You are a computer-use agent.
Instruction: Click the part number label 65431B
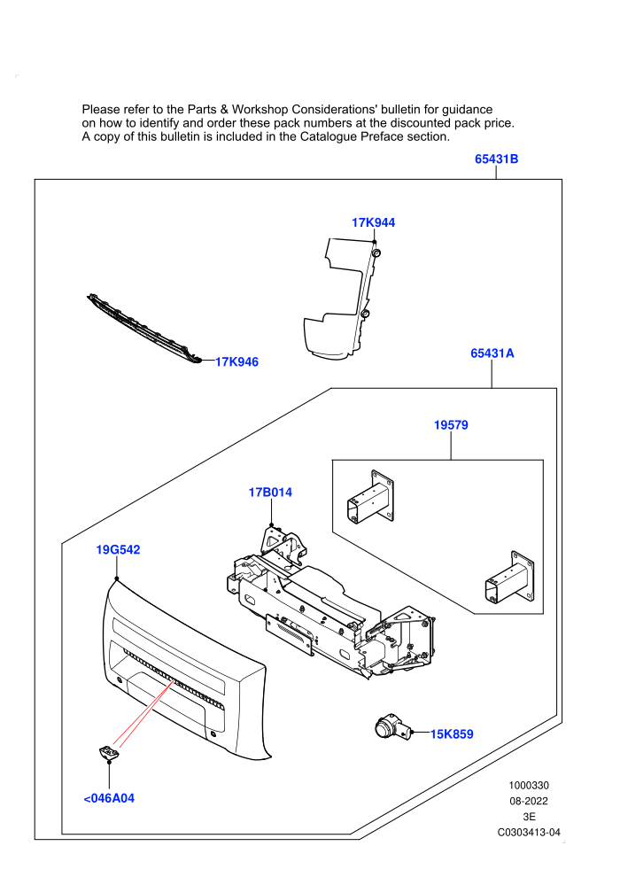point(497,159)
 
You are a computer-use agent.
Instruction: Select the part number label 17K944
point(374,222)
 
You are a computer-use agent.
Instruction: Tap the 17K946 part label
point(237,362)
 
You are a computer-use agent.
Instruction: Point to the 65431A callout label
point(492,353)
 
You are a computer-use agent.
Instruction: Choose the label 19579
point(451,425)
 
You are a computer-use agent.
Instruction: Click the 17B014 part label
point(271,493)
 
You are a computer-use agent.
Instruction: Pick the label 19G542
point(118,550)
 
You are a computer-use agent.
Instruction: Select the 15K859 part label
point(452,733)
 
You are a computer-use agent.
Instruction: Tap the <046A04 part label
point(109,798)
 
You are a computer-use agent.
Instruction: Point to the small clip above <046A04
point(108,752)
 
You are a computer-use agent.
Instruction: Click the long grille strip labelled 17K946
point(143,329)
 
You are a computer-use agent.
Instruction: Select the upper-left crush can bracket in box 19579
point(370,497)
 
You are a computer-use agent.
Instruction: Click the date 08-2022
point(529,801)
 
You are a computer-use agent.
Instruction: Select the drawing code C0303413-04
point(529,832)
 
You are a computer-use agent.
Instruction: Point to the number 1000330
point(529,785)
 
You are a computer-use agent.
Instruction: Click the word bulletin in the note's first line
point(401,110)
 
